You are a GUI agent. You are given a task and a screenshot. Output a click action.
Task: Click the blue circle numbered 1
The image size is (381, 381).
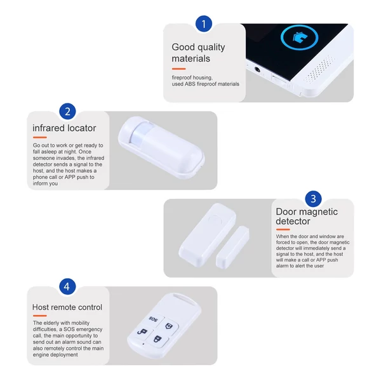204,23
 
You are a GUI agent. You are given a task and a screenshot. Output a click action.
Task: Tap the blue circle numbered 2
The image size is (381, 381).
67,111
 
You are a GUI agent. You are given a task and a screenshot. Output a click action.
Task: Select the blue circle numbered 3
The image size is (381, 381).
313,199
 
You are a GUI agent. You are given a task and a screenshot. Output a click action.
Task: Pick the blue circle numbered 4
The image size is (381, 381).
67,286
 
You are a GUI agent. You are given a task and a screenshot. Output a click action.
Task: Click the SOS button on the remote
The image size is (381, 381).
154,319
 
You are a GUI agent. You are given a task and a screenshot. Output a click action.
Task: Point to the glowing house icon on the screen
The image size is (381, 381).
300,37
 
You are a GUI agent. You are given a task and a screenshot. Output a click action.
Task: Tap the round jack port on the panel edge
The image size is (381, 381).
257,70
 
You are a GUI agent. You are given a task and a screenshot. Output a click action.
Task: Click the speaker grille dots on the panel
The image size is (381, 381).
319,69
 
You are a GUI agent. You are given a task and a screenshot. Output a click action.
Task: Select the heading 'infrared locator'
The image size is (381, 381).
64,128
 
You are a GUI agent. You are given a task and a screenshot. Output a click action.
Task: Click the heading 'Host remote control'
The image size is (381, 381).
67,307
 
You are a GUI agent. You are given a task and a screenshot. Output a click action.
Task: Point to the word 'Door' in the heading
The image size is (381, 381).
286,211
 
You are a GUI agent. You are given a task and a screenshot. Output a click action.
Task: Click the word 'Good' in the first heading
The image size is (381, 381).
183,47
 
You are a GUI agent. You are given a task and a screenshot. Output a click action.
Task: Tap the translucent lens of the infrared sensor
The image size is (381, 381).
142,133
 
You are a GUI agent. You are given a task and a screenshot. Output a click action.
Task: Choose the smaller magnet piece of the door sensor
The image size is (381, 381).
232,247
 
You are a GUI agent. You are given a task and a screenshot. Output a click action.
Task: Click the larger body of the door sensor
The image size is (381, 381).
207,235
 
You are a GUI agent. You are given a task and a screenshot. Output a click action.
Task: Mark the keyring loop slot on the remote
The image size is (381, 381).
184,298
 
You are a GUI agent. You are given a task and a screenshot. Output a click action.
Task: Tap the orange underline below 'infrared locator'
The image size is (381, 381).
40,138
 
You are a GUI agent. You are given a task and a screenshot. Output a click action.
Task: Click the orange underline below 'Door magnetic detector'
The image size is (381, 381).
283,229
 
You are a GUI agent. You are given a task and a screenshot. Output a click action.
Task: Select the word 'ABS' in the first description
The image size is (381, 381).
190,84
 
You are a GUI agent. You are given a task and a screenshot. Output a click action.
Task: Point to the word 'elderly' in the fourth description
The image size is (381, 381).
51,323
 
